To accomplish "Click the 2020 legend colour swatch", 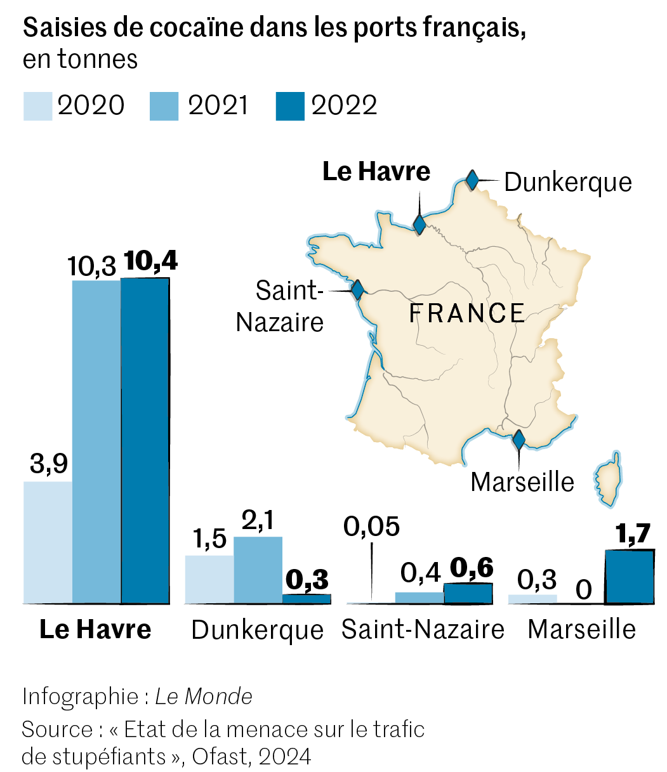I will tap(37, 106).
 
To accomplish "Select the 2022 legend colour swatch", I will tap(290, 106).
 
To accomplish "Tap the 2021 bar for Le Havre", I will tap(96, 441).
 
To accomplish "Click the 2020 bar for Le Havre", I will tap(48, 542).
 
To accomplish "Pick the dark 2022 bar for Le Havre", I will tap(145, 440).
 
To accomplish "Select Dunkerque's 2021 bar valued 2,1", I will tap(258, 570).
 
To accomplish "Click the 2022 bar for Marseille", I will tap(629, 577).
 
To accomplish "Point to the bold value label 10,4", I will tap(150, 261).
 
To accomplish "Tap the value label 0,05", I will tap(371, 527).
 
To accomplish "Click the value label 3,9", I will tap(48, 464).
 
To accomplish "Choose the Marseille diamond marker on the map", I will tap(518, 439).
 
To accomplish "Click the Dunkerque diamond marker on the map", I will tap(472, 180).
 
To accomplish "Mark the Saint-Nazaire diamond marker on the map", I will tap(357, 290).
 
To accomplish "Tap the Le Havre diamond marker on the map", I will tap(419, 224).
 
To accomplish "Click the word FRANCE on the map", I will tap(466, 313).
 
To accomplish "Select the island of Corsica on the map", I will tap(609, 479).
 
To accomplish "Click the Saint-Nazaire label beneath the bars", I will tap(423, 629).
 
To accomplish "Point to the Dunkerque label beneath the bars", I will tap(257, 630).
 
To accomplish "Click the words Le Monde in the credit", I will tap(204, 697).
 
